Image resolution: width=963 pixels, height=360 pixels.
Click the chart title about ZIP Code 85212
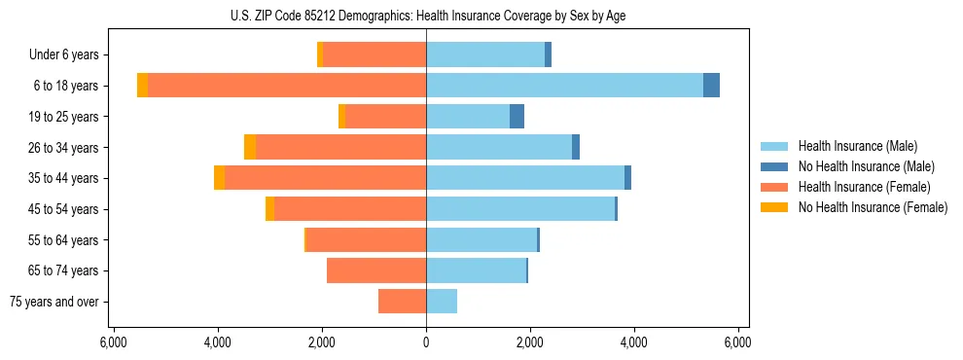click(x=426, y=17)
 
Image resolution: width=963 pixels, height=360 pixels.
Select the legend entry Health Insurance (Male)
click(x=857, y=146)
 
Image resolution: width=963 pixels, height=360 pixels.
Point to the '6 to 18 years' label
click(x=65, y=86)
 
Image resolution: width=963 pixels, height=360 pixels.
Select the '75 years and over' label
click(x=53, y=302)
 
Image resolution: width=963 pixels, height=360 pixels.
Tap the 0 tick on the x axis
click(x=426, y=343)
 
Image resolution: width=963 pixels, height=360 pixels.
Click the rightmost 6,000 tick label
click(x=737, y=343)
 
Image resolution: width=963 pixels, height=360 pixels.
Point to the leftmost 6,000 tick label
click(x=114, y=343)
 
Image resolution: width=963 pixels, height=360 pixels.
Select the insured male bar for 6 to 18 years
click(x=564, y=86)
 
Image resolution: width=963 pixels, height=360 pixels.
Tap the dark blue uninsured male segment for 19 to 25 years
click(x=517, y=117)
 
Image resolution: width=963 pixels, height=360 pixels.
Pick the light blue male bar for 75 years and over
click(x=442, y=302)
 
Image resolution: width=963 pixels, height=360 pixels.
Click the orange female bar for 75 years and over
click(x=402, y=302)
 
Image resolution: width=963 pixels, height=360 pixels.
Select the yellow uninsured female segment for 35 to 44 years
click(x=219, y=178)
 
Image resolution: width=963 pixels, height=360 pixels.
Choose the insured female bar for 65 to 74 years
click(x=376, y=270)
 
